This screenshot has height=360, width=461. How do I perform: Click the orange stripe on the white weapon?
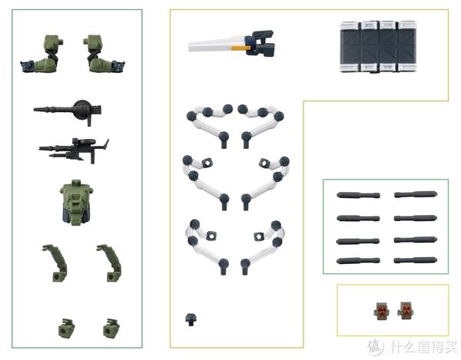[240, 48]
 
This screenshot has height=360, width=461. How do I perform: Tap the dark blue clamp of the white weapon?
[260, 43]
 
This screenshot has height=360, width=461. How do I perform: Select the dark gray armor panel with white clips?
[378, 46]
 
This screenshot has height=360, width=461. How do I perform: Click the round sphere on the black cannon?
[82, 110]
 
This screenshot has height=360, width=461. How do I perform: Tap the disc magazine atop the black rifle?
[85, 141]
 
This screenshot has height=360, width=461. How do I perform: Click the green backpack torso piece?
[76, 203]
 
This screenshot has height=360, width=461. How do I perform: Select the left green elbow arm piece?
[42, 54]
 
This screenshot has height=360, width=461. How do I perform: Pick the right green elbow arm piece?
[104, 54]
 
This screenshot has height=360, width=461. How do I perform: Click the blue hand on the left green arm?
[27, 66]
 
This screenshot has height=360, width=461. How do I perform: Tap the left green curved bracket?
[56, 263]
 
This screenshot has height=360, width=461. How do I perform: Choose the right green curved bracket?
[110, 263]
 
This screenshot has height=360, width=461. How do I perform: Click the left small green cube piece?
[66, 329]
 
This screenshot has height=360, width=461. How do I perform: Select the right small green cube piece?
[111, 329]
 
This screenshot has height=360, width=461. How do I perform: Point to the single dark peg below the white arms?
[191, 319]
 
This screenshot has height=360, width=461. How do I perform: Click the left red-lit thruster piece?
[382, 311]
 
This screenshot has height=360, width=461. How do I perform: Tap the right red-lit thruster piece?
[406, 311]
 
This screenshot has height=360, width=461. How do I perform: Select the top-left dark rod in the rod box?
[358, 195]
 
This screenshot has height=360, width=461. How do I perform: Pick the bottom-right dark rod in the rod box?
[416, 260]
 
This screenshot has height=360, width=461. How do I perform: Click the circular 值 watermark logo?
[376, 347]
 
